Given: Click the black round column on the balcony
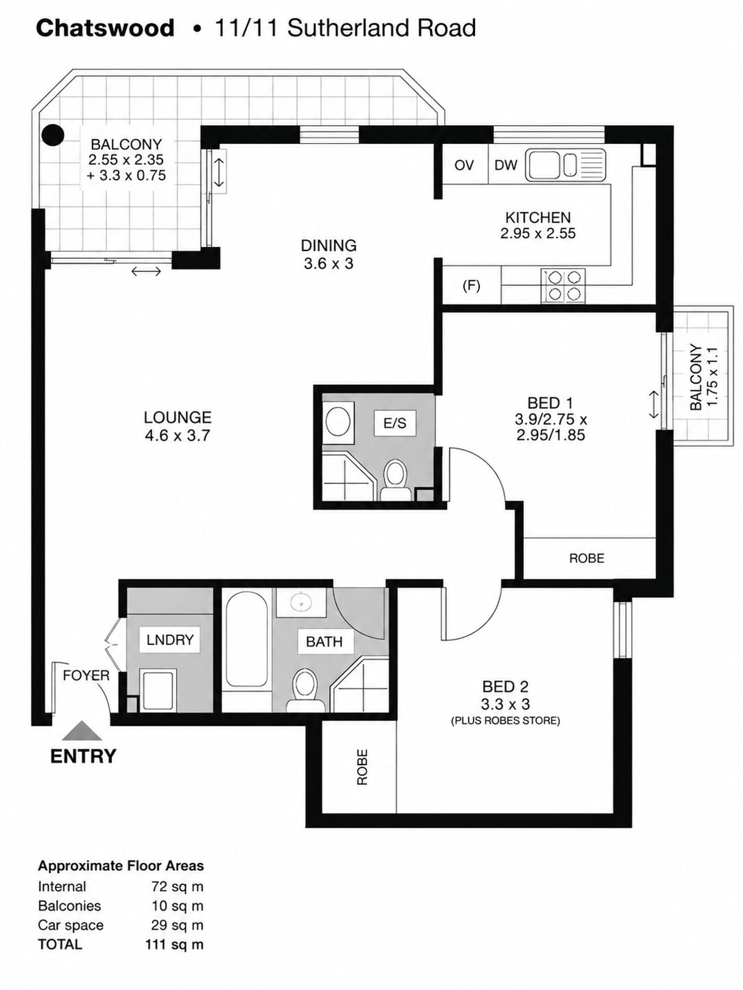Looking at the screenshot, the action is tap(53, 135).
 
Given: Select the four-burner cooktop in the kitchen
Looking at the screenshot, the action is tap(563, 286).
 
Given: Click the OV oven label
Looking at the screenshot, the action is tap(464, 165).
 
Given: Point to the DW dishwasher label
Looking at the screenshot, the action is tap(506, 165).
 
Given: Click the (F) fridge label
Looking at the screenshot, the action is tap(471, 286).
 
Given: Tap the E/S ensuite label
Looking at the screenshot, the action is tap(394, 423).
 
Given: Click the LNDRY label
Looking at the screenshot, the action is tap(170, 640).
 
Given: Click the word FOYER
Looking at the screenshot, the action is tap(86, 676).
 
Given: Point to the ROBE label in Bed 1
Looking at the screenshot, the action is tap(586, 558).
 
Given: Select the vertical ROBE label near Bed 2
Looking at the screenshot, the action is tap(362, 767).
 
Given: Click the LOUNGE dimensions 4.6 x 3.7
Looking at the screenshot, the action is tap(177, 435).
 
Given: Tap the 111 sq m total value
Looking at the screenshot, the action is tap(174, 944).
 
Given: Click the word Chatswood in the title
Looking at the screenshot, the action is tap(105, 28).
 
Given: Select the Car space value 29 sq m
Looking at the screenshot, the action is tap(177, 925).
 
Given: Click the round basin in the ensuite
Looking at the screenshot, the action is tap(338, 423).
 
